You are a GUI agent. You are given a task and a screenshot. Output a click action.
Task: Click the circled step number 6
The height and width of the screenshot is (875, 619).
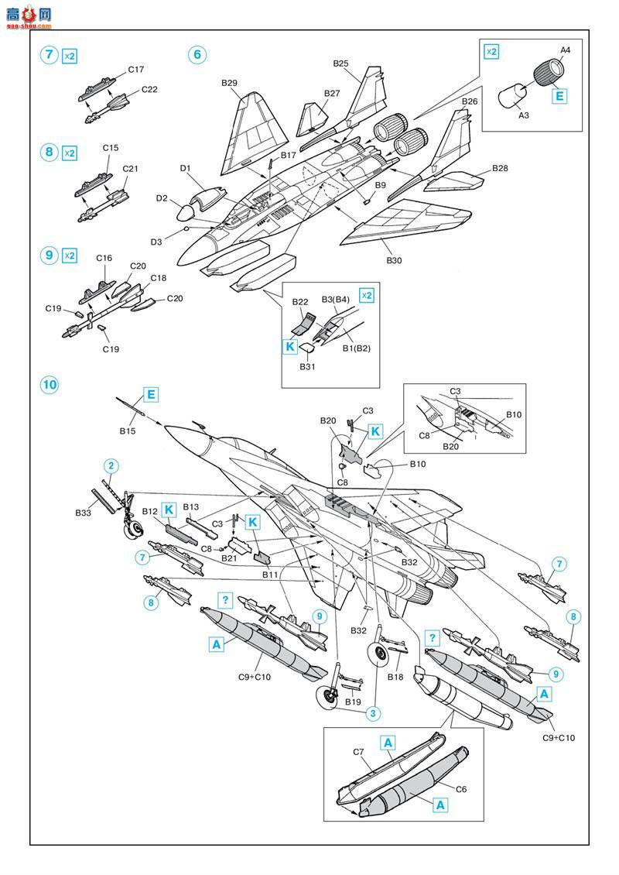pos(197,55)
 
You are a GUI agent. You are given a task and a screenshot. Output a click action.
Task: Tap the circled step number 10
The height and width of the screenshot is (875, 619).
pos(50,385)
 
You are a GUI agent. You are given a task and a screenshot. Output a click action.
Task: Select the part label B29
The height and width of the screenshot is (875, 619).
pos(229,83)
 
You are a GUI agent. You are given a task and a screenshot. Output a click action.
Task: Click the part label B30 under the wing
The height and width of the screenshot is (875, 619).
pos(394,260)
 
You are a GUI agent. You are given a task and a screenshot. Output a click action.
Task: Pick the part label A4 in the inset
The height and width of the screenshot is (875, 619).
pos(565,50)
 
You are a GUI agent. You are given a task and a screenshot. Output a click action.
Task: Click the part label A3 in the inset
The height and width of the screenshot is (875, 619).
pos(524,115)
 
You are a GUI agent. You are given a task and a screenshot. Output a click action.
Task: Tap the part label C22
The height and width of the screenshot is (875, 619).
pos(149,89)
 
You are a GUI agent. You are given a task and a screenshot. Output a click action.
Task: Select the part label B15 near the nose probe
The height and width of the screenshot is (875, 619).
pos(128,430)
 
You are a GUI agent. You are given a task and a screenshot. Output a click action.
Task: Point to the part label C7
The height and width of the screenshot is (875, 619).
pos(358,752)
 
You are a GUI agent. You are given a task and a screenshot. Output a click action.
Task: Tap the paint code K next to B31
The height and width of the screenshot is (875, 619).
pos(290,348)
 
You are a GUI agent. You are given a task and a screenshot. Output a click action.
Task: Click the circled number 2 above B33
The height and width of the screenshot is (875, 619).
pos(111,465)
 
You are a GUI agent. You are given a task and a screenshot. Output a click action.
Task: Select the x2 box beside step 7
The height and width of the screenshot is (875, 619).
pos(69,56)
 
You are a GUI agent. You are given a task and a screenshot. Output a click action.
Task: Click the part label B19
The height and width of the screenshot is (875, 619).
pos(353,702)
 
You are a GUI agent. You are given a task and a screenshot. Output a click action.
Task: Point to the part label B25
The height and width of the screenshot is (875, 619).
pos(341,63)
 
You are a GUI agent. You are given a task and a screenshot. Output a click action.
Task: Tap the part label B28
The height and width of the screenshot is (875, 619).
pos(499,169)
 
